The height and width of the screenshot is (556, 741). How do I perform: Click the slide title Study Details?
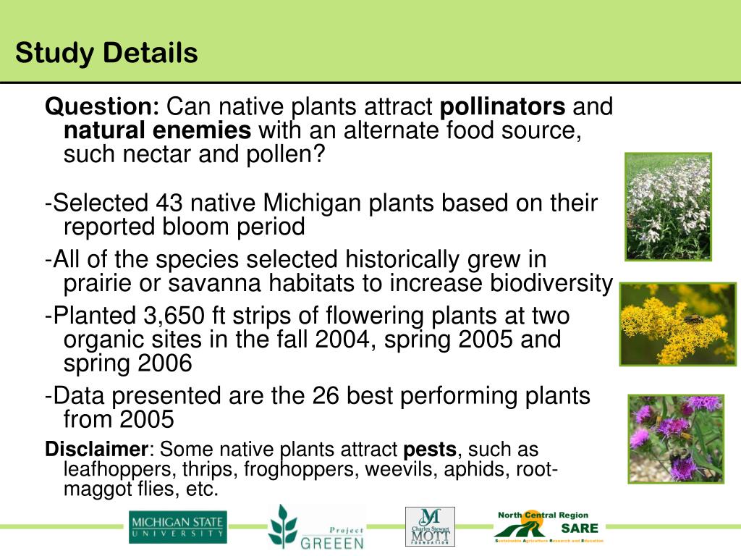[x=106, y=53]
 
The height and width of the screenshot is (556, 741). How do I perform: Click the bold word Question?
[x=102, y=107]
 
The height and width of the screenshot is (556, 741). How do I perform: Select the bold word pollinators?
[x=503, y=107]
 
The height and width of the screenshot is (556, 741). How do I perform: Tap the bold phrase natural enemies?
[x=158, y=131]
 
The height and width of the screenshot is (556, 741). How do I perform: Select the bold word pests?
[x=430, y=450]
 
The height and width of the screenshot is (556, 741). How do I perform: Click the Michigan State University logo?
[x=177, y=527]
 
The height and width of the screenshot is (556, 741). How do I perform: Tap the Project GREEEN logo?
[x=316, y=527]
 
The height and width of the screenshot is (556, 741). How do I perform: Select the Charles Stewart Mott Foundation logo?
[x=430, y=526]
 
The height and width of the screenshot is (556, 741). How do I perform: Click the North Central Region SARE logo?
[x=548, y=526]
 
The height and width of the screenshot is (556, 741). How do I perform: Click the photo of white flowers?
[x=668, y=206]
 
